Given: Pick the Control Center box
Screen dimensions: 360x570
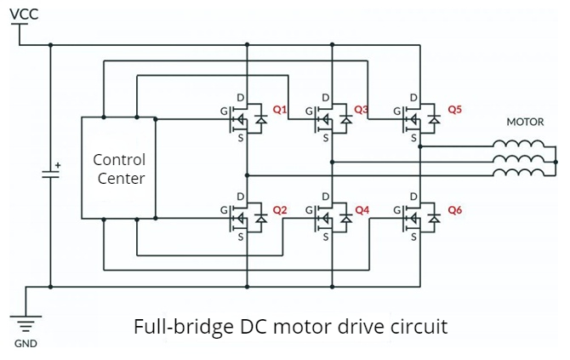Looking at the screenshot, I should pos(118,169).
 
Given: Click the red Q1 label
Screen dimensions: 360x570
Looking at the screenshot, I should pos(280,110).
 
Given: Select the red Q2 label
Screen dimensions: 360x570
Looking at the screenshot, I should pos(280,209).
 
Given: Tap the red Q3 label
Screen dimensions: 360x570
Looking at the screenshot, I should pos(361,110).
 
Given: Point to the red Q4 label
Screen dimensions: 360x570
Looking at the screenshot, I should pos(362,209).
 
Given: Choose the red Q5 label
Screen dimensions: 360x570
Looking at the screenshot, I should pos(454,110).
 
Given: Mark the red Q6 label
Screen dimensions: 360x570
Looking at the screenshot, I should pos(454,209).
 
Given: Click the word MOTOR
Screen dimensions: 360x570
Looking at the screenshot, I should pos(525,122).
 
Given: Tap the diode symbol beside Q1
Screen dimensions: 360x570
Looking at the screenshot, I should pos(261,120).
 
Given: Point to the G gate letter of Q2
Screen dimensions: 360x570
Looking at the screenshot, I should pos(224,209).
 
